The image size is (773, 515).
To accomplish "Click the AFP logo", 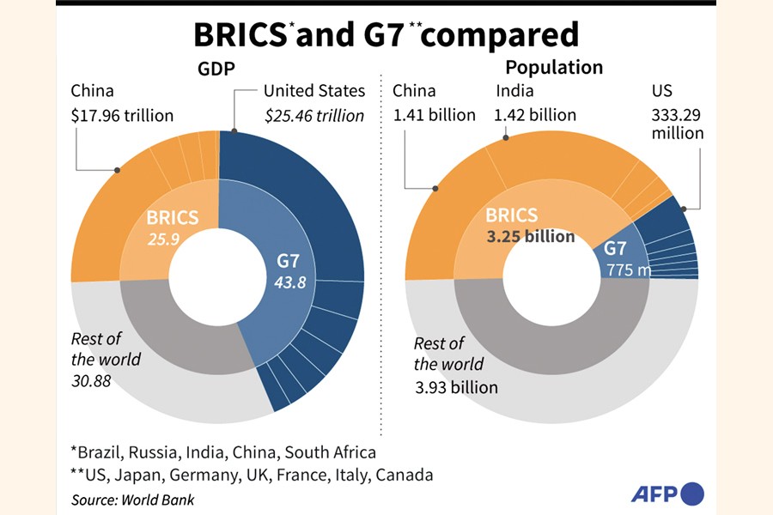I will [666, 494].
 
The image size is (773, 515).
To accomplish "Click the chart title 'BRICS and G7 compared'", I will [386, 35].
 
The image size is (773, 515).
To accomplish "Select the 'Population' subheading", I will [553, 68].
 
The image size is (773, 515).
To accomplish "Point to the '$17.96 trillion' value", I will [122, 115].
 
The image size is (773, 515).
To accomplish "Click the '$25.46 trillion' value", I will [314, 115].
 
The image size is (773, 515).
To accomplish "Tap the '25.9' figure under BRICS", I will [162, 239].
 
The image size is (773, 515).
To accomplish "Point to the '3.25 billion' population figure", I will [530, 237].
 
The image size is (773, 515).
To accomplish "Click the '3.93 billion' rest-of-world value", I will [455, 387].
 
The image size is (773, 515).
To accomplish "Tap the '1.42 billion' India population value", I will [535, 115].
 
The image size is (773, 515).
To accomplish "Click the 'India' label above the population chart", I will [514, 91].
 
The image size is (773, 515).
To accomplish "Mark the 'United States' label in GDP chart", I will [314, 91].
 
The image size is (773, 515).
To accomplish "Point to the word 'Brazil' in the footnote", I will [100, 452].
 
